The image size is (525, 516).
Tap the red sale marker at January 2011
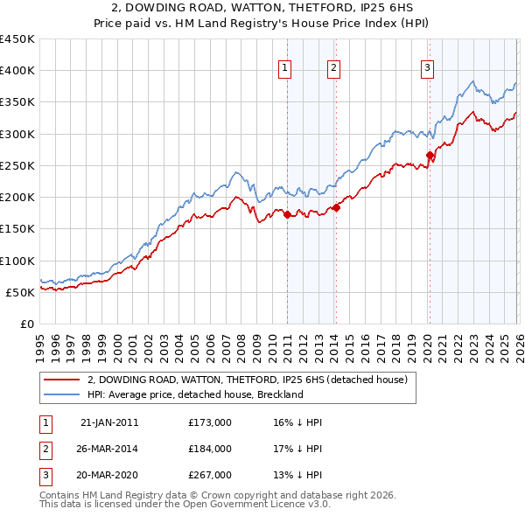288,214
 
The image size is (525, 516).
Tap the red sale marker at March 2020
430,156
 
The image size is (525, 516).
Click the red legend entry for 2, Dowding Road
247,380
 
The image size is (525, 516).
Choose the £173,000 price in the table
210,422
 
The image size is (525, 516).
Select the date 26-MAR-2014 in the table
108,449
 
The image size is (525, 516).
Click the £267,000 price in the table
210,475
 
